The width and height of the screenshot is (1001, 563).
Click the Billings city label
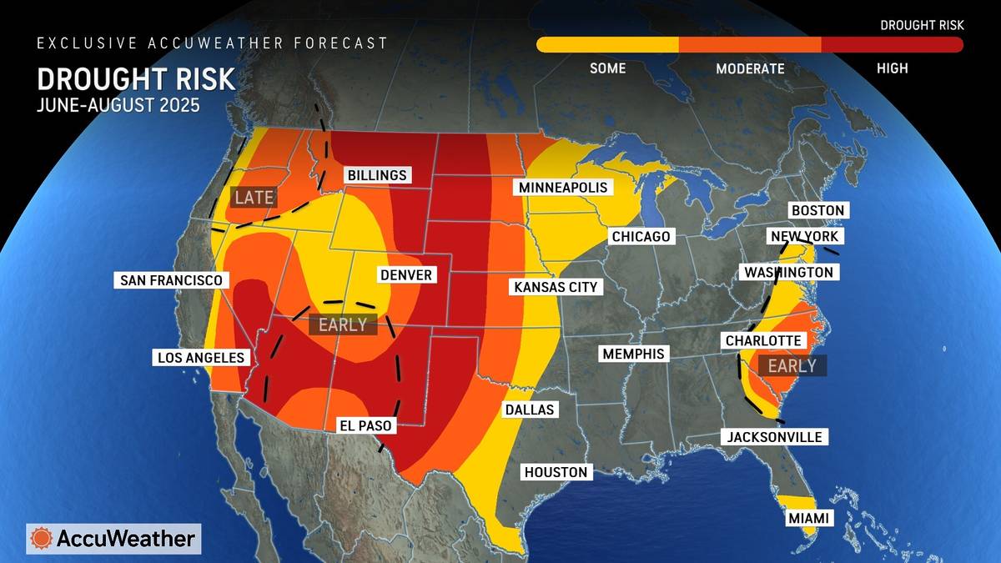[x=376, y=175]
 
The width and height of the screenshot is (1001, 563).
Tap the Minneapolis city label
[x=563, y=187]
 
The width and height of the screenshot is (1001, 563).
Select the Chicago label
[x=641, y=237]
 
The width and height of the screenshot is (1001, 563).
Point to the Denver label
[x=405, y=275]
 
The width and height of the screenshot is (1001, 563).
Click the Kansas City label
[x=556, y=287]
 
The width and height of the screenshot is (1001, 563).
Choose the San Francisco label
[x=171, y=280]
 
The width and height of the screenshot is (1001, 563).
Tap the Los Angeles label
[x=201, y=358]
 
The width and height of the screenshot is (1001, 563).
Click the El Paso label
[x=365, y=425]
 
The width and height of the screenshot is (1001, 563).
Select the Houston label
[x=556, y=472]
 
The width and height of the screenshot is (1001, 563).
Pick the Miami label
[x=808, y=519]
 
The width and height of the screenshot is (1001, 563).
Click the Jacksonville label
[x=774, y=437]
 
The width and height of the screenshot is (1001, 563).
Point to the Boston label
[x=818, y=210]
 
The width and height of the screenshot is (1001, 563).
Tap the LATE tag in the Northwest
[x=254, y=198]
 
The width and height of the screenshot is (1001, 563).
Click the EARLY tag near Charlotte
[x=792, y=365]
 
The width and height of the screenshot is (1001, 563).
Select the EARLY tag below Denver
[x=343, y=325]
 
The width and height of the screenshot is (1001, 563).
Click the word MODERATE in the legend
[x=750, y=68]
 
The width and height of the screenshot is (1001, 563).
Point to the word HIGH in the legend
[x=892, y=68]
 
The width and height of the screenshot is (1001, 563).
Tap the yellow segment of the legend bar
[x=607, y=45]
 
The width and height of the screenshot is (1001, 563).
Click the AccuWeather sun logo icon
[x=41, y=539]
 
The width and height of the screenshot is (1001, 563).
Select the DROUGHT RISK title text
[x=136, y=79]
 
